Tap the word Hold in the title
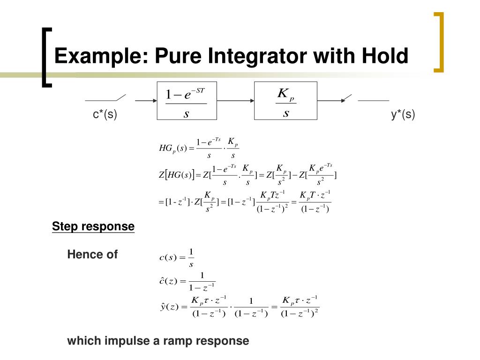click(384, 56)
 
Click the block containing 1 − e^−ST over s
click(186, 101)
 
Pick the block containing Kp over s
click(285, 101)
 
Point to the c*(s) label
click(105, 114)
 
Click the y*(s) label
click(403, 114)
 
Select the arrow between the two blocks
click(236, 100)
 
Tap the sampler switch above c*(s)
click(106, 98)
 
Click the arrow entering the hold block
click(145, 100)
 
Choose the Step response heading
click(93, 227)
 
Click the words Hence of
click(92, 255)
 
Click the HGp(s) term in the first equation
click(173, 149)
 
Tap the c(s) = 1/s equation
click(177, 257)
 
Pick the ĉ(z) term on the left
click(167, 281)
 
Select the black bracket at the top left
click(45, 57)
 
